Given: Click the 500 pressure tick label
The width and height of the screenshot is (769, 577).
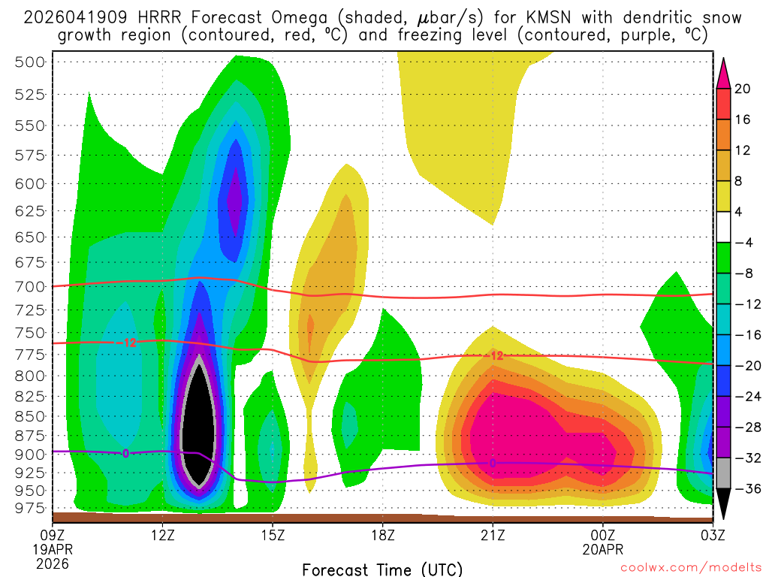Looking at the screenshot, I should coord(30,62).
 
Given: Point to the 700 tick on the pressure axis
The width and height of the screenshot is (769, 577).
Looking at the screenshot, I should coord(30,286).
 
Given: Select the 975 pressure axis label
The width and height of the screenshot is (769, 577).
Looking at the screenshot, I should coord(30,508).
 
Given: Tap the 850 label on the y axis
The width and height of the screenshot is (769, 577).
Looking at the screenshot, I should coord(30,415).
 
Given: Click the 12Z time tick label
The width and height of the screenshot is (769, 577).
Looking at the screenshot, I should coord(163,535).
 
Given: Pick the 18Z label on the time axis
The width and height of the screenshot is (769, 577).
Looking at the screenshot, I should coord(382,535).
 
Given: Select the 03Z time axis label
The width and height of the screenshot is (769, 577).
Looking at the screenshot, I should coord(712,535).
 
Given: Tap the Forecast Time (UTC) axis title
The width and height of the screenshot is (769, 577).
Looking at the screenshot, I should coord(382,569).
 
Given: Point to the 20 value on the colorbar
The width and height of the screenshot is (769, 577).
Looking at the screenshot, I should coord(743,89).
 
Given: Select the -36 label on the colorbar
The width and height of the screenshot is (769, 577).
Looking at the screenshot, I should coord(743,488).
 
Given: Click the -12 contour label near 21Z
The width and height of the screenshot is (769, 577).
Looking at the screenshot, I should coord(495,355).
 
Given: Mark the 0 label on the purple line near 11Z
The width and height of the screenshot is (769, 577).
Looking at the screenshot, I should coord(125,452).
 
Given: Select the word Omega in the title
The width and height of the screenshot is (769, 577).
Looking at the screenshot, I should coord(263,17).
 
